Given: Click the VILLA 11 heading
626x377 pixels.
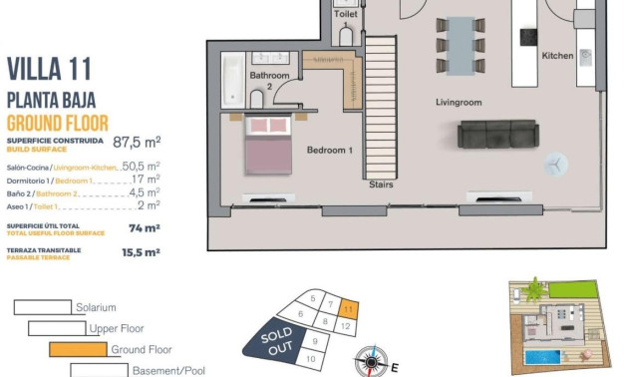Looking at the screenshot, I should point(49,69).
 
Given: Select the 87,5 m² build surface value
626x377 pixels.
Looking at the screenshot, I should point(137,143).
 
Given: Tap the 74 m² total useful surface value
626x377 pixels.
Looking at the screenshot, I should point(145,227).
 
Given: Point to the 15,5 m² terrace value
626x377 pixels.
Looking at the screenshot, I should point(141,253).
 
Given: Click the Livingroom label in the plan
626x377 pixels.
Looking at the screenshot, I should point(459,103).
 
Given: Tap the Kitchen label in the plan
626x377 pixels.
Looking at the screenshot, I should point(557,56).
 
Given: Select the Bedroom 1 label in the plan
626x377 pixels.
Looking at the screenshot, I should point(329,150).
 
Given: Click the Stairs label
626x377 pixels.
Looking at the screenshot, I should point(381,185).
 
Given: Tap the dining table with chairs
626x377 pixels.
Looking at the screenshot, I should point(461,45).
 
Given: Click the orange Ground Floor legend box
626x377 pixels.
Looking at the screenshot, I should point(77,350).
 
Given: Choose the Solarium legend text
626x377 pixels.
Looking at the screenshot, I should point(96,308).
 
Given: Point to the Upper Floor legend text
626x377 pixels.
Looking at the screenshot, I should point(117,328).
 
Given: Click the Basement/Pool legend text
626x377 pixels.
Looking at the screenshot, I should point(168,371).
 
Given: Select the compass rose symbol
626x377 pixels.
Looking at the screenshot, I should point(372,360).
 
